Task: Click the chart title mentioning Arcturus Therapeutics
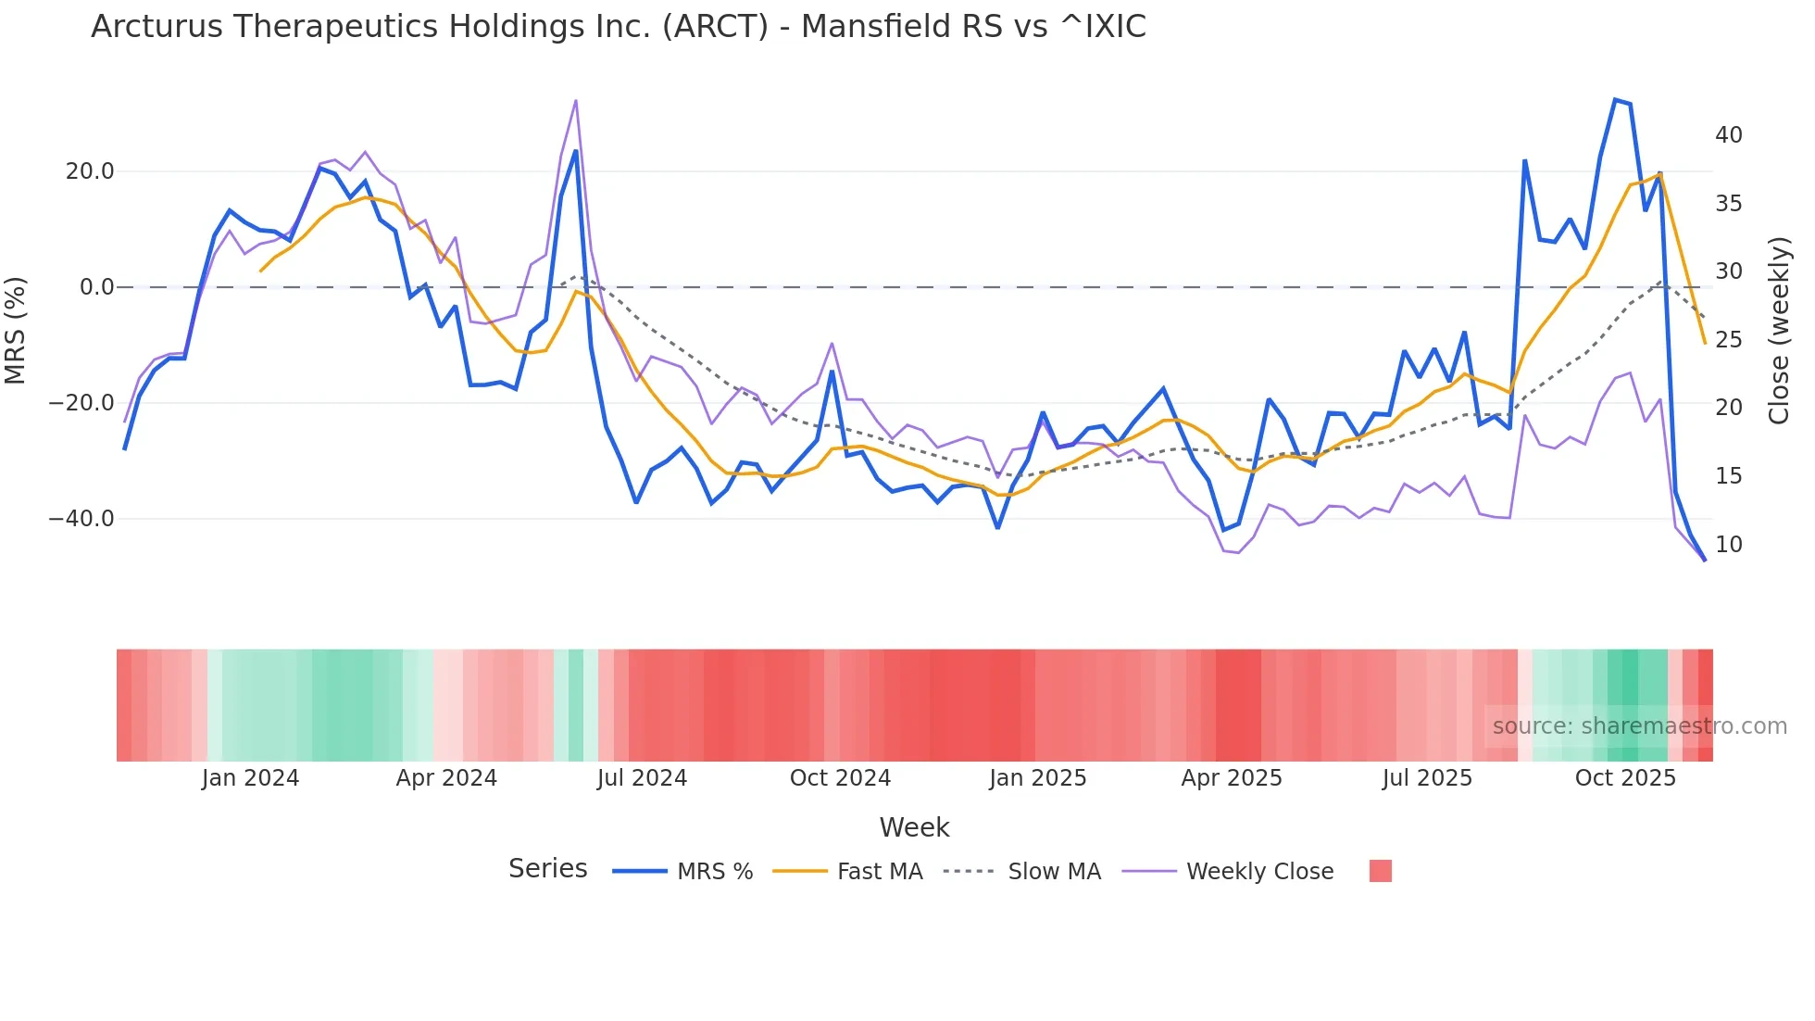click(x=618, y=27)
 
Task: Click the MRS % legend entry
click(x=714, y=872)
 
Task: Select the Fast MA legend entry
click(x=879, y=872)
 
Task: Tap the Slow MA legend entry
click(x=1054, y=872)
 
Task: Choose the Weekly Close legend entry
click(x=1259, y=872)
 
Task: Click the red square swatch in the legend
click(x=1380, y=871)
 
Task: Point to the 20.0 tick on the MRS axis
click(x=90, y=171)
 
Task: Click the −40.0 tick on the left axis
click(x=81, y=519)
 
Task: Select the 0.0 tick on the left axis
click(x=96, y=287)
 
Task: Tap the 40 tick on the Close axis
click(x=1728, y=135)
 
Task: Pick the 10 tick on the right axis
click(x=1728, y=545)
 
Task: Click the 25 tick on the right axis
click(x=1728, y=340)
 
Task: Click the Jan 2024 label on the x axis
click(x=250, y=778)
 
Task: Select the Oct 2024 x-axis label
click(x=840, y=778)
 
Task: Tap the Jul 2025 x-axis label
click(x=1427, y=778)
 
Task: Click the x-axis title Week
click(x=914, y=827)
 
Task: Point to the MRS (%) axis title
click(x=16, y=330)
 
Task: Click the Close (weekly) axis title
click(x=1779, y=331)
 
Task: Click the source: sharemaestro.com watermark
click(x=1639, y=726)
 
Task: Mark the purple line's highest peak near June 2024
click(x=576, y=100)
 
